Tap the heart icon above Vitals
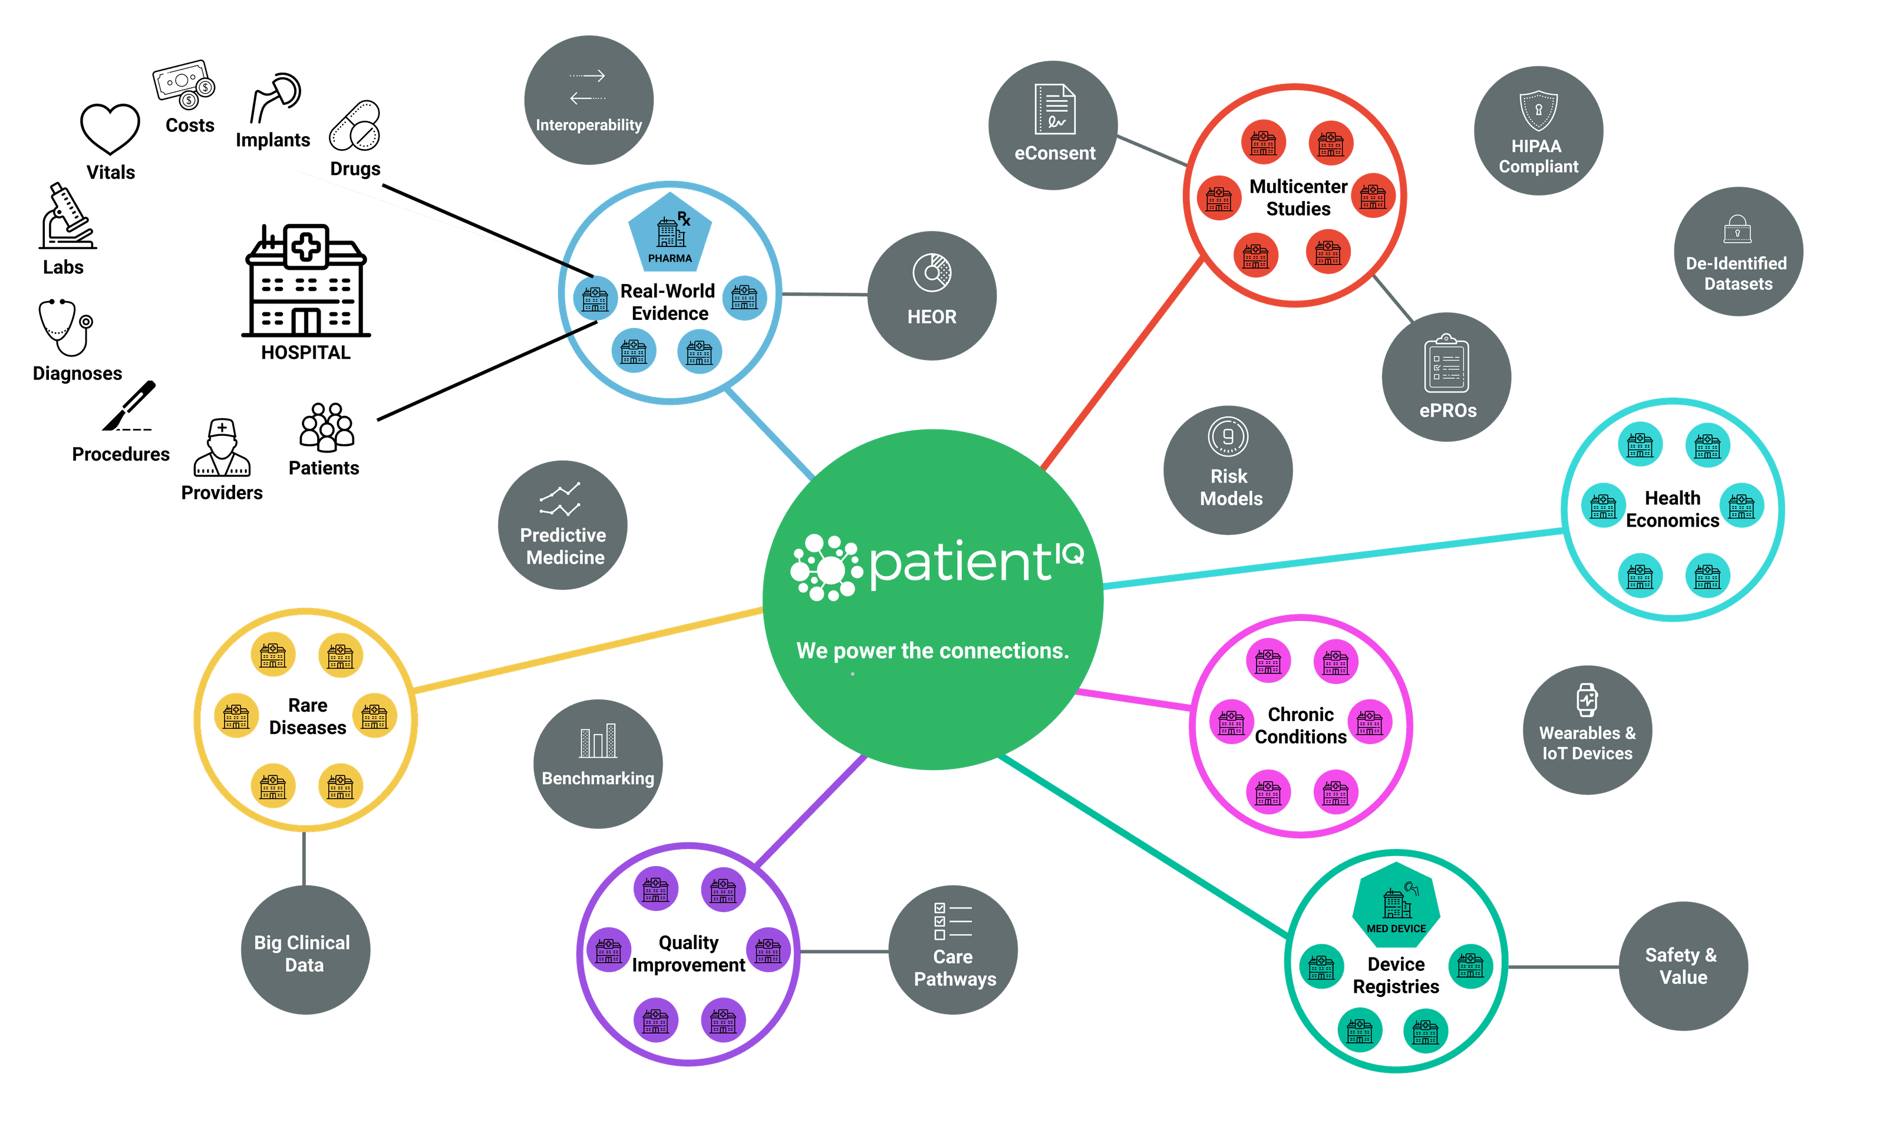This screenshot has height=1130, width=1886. click(x=110, y=128)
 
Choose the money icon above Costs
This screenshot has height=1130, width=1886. click(x=183, y=83)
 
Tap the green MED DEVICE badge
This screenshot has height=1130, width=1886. click(x=1396, y=904)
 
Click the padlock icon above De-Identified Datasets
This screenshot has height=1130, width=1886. click(x=1737, y=229)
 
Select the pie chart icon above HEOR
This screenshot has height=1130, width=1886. click(x=932, y=273)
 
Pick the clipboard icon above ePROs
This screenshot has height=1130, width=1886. click(x=1446, y=364)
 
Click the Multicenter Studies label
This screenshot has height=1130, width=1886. click(x=1298, y=197)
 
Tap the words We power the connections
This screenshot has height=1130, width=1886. click(x=932, y=651)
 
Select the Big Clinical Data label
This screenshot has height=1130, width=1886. click(x=302, y=953)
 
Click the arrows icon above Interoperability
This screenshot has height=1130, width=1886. click(x=587, y=87)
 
